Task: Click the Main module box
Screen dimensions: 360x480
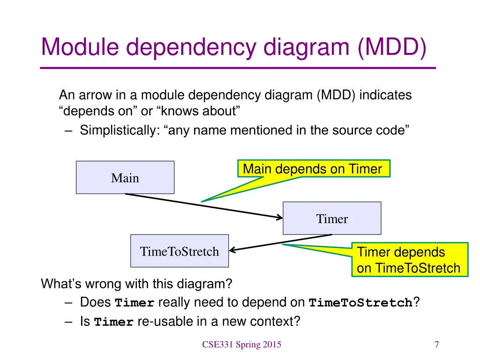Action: pyautogui.click(x=125, y=178)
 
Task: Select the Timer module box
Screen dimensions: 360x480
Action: pyautogui.click(x=332, y=218)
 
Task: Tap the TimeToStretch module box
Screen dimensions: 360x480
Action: pyautogui.click(x=180, y=251)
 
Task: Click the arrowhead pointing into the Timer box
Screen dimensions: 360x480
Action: pyautogui.click(x=279, y=217)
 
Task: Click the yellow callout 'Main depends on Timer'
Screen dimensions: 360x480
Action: pyautogui.click(x=314, y=169)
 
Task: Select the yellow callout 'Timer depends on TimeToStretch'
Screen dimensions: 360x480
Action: pyautogui.click(x=409, y=260)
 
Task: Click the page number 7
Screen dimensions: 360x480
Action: pyautogui.click(x=436, y=345)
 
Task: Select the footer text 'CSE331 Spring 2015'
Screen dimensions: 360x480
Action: pyautogui.click(x=241, y=345)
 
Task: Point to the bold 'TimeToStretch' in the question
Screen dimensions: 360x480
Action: pyautogui.click(x=361, y=303)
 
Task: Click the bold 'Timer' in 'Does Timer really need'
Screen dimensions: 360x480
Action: pyautogui.click(x=135, y=303)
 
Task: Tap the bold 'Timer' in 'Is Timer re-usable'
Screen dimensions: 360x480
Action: pyautogui.click(x=114, y=322)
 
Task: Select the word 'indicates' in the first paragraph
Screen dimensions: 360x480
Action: pyautogui.click(x=386, y=95)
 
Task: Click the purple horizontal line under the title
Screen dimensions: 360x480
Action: pyautogui.click(x=238, y=68)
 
